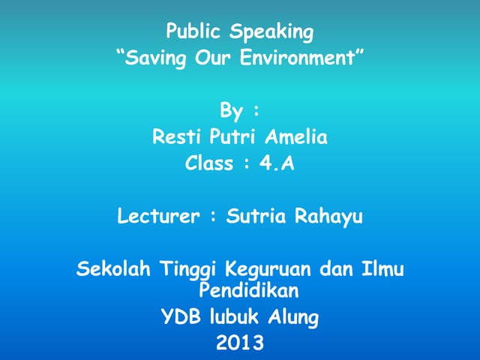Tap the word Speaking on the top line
[x=272, y=33]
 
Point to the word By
[x=231, y=112]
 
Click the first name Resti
[x=177, y=137]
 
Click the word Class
[x=209, y=163]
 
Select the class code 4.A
[x=277, y=163]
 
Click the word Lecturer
[x=159, y=217]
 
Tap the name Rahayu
[x=328, y=218]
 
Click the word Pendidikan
[x=248, y=288]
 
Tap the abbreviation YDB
[x=180, y=317]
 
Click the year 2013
[x=240, y=344]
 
